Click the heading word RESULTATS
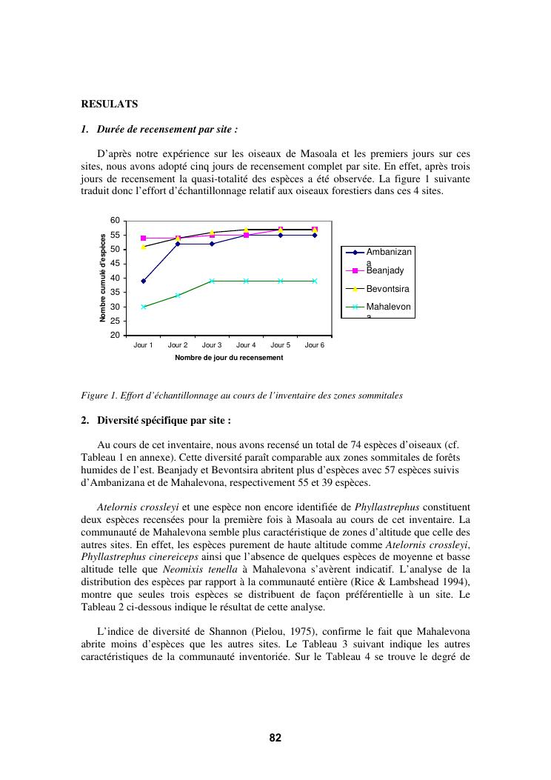[109, 104]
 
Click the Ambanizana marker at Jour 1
[143, 281]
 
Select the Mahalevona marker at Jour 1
[143, 307]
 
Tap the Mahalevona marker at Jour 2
[178, 295]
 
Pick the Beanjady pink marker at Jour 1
[143, 238]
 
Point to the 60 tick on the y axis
[115, 221]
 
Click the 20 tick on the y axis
[115, 336]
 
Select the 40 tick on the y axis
[115, 278]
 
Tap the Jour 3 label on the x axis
[212, 345]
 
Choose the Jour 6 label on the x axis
[315, 345]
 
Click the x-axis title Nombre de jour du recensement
[229, 358]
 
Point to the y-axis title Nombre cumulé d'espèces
[103, 278]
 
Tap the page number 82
[275, 738]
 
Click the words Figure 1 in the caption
[98, 396]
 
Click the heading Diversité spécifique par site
[162, 421]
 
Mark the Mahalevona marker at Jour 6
[315, 281]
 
